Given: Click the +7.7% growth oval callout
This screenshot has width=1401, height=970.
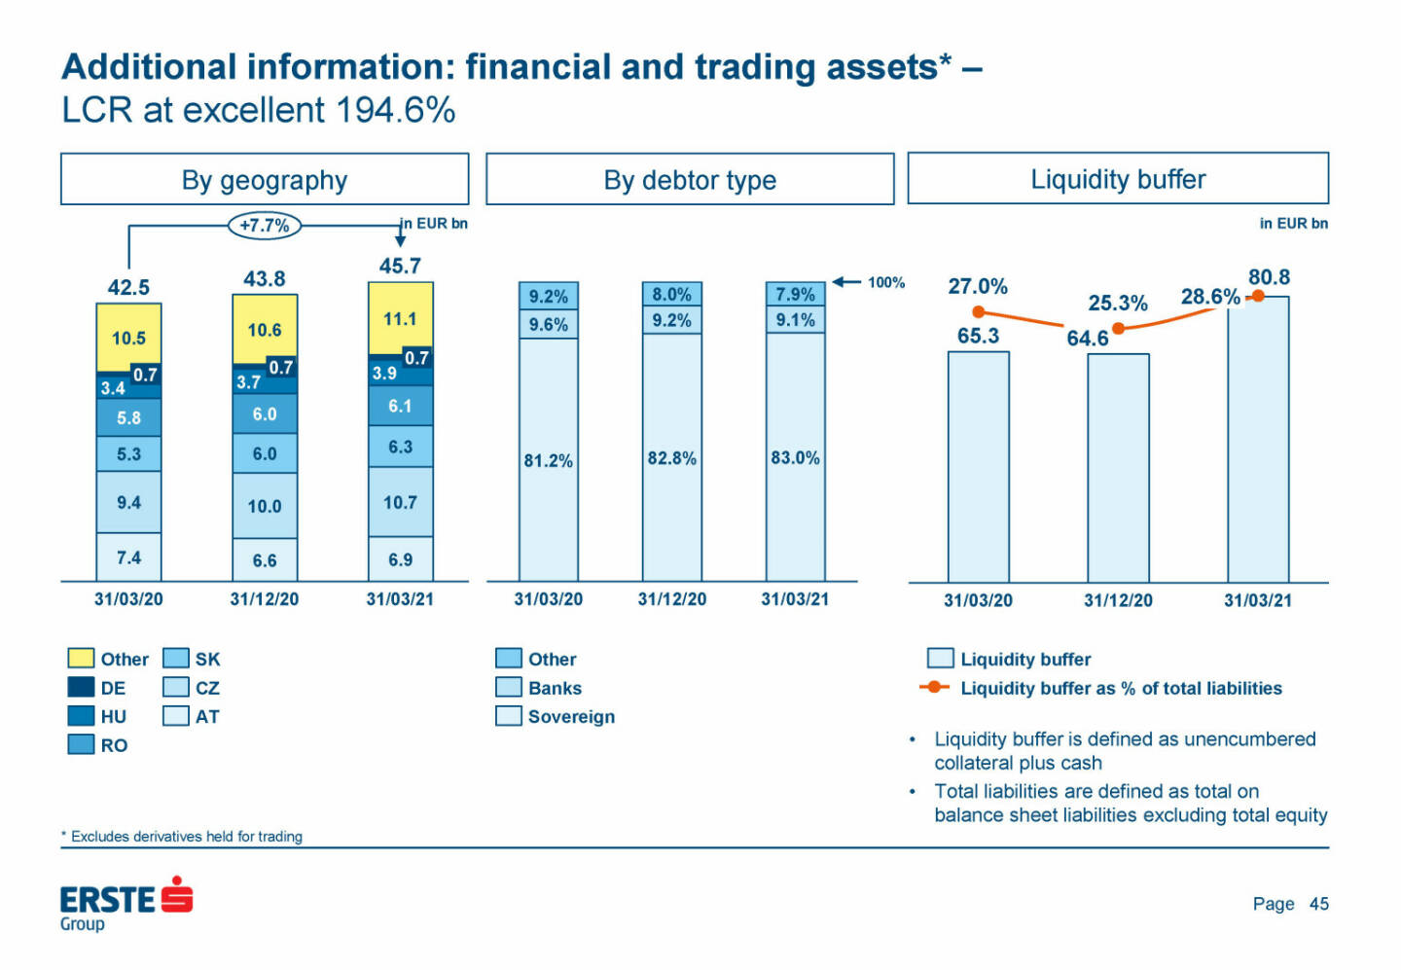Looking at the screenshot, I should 265,226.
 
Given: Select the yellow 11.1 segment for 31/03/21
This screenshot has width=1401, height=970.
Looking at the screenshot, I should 400,318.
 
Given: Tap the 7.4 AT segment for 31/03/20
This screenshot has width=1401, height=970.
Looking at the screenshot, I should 128,557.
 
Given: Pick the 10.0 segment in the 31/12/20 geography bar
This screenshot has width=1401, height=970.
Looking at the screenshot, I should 265,506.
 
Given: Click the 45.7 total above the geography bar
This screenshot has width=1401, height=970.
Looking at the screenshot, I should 400,266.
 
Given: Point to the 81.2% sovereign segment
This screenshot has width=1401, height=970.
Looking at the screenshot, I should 549,460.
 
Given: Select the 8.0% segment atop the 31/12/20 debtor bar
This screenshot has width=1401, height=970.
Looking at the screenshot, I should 671,294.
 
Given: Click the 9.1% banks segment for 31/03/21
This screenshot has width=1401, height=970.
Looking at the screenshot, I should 795,320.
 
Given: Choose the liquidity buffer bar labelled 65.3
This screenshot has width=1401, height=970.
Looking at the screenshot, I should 978,467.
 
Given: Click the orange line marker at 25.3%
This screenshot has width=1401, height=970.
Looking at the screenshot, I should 1118,328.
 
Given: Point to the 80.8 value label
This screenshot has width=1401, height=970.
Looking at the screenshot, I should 1269,277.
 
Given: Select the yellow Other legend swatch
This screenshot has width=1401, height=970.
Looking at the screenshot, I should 81,659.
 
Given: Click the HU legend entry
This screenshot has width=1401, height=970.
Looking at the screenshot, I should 97,716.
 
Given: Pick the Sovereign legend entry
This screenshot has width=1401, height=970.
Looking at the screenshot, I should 556,717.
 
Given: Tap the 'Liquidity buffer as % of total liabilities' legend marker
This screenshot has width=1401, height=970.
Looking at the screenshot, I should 934,688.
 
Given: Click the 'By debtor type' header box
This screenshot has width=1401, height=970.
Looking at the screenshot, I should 690,180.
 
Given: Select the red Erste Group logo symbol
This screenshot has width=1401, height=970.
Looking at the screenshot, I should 177,894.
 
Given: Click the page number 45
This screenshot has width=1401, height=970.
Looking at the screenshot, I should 1318,904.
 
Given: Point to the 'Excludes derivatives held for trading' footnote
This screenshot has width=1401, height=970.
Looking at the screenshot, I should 185,837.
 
